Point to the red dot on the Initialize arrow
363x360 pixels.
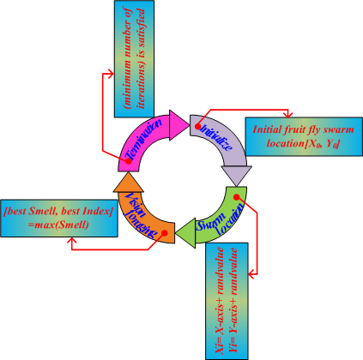(199, 123)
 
